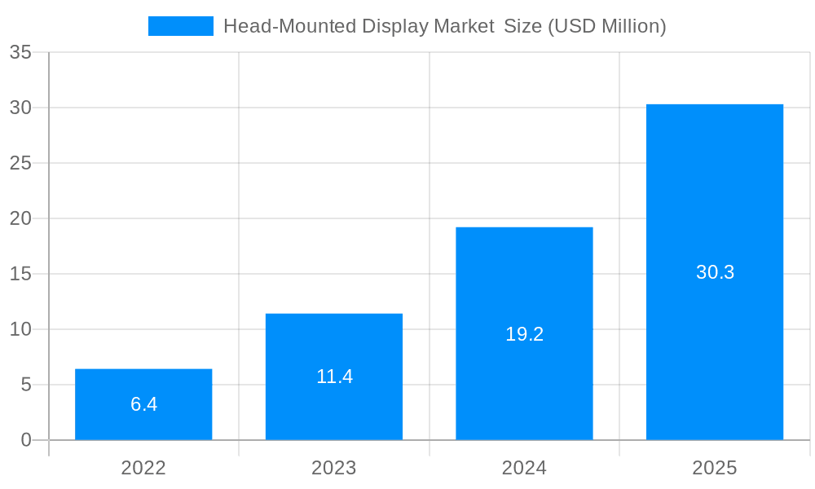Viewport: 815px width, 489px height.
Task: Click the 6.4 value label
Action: click(143, 404)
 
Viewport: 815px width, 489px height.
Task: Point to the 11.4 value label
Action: click(334, 377)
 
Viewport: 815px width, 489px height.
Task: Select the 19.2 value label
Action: click(524, 334)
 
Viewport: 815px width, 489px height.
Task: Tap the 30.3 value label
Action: click(715, 272)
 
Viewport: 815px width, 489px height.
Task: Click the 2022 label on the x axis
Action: click(143, 468)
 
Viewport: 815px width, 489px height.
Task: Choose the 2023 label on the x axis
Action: click(334, 468)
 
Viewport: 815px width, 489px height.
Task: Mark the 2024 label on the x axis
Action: click(524, 468)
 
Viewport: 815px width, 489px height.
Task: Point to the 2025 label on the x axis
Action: click(715, 468)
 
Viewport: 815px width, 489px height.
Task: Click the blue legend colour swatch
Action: click(180, 26)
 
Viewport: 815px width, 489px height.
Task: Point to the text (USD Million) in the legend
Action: click(606, 26)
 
